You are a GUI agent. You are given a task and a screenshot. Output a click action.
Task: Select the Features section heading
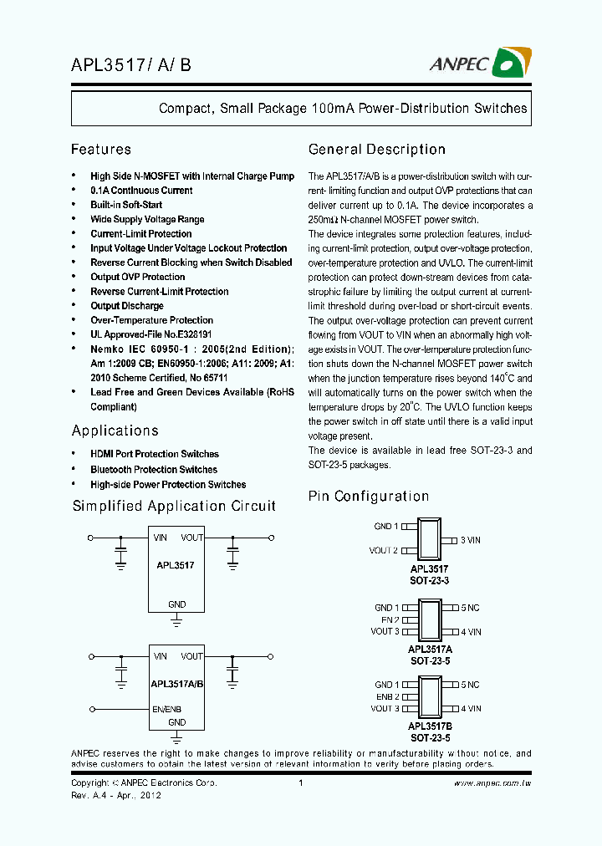pyautogui.click(x=101, y=150)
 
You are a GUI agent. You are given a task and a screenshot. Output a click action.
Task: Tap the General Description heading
pyautogui.click(x=377, y=150)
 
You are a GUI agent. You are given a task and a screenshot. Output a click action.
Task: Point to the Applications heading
pyautogui.click(x=115, y=431)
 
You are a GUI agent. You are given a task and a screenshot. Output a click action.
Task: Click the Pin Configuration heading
pyautogui.click(x=369, y=497)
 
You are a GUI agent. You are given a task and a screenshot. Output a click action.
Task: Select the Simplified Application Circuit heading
pyautogui.click(x=174, y=506)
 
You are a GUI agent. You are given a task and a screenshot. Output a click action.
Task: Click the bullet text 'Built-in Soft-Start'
pyautogui.click(x=126, y=205)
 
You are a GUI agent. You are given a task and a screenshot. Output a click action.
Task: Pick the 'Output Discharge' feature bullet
pyautogui.click(x=127, y=306)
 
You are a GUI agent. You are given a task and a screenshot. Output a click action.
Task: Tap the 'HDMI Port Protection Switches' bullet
pyautogui.click(x=155, y=454)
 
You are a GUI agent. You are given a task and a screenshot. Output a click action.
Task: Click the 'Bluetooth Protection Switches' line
pyautogui.click(x=154, y=470)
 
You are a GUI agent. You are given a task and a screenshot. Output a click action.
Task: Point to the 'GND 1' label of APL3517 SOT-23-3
pyautogui.click(x=386, y=527)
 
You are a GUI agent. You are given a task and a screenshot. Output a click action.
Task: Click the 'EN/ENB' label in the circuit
pyautogui.click(x=167, y=709)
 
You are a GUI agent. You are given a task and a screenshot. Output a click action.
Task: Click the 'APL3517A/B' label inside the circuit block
pyautogui.click(x=176, y=683)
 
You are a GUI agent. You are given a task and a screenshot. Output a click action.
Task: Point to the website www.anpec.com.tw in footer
pyautogui.click(x=493, y=783)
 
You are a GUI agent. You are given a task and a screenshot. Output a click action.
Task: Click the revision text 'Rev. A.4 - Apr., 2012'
pyautogui.click(x=116, y=796)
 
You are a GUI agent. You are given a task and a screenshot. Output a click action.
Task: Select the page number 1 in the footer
pyautogui.click(x=300, y=783)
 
